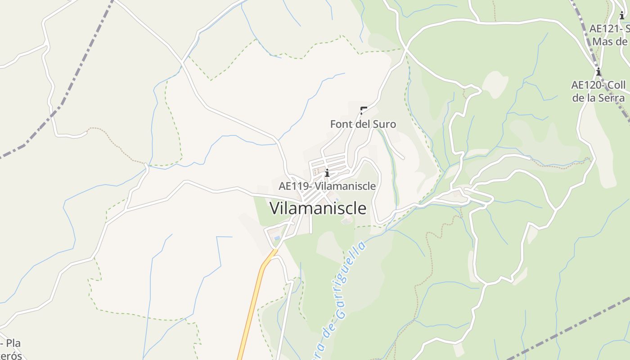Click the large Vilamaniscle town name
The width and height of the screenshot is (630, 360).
coord(318,208)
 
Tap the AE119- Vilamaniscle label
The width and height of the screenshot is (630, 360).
coord(327,186)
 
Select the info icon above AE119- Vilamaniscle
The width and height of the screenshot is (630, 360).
coord(327,173)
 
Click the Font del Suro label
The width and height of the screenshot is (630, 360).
coord(363,124)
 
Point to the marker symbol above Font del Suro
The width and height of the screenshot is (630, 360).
coord(363,110)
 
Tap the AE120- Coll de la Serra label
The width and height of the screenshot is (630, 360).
coord(598,91)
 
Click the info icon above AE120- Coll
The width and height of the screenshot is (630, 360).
coord(598,72)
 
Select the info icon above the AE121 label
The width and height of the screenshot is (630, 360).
coord(622,16)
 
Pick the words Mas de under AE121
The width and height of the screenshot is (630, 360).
coord(610,42)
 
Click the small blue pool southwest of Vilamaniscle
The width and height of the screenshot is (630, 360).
coord(277,238)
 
